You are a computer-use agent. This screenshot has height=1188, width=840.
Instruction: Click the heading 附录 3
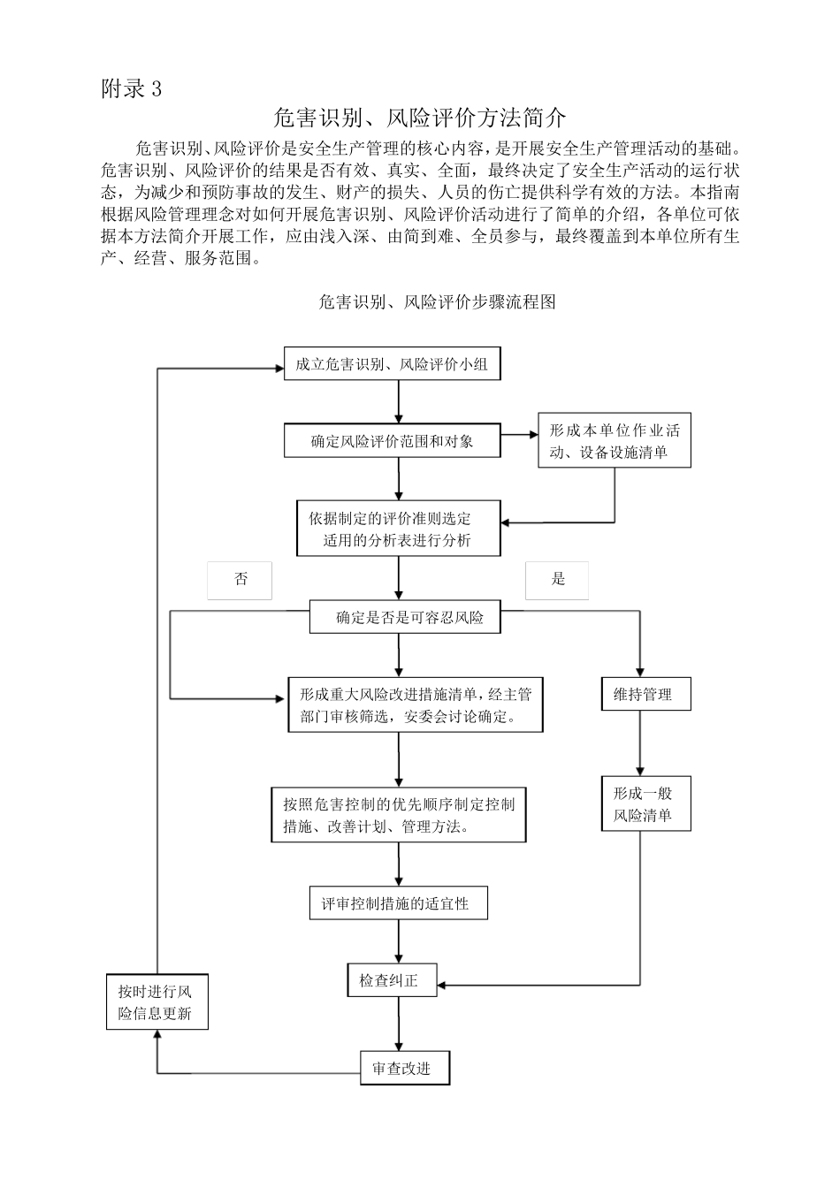click(x=132, y=89)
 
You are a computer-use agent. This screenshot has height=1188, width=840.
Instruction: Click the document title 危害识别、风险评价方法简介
click(x=419, y=118)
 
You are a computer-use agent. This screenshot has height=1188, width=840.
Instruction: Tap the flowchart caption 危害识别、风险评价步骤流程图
click(x=437, y=302)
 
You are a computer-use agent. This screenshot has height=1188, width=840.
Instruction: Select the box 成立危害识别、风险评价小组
click(x=392, y=364)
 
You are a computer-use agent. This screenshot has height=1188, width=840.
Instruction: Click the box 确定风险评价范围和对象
click(x=392, y=441)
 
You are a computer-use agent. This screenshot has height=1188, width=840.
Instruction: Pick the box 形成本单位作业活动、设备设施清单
click(x=614, y=441)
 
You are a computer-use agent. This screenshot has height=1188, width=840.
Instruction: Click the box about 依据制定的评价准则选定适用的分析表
click(x=398, y=529)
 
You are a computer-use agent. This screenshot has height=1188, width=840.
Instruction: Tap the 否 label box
click(x=240, y=580)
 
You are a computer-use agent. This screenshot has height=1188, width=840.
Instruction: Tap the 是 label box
click(x=557, y=580)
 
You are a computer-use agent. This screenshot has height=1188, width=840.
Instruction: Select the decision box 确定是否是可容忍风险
click(x=404, y=617)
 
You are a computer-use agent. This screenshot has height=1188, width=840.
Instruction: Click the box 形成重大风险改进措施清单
click(x=415, y=705)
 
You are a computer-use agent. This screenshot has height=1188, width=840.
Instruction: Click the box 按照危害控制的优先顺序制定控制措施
click(x=398, y=815)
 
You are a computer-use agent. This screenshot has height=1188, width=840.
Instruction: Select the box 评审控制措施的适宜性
click(x=398, y=903)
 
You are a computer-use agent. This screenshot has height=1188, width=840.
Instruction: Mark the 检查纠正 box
click(x=392, y=980)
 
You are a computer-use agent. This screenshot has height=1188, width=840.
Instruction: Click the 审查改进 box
click(x=406, y=1068)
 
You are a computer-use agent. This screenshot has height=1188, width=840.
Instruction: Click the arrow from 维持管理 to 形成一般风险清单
click(x=640, y=742)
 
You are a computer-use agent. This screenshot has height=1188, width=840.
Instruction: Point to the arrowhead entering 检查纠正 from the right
click(x=444, y=984)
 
